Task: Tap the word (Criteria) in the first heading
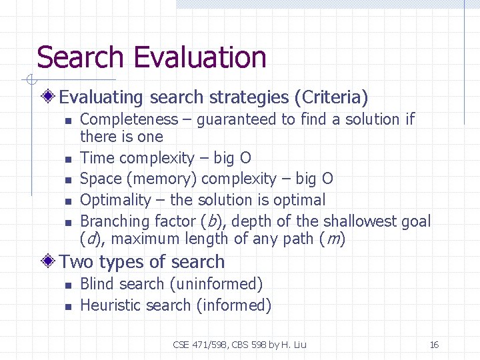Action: pos(331,98)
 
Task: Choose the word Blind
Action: pos(96,284)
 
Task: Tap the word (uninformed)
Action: pos(216,284)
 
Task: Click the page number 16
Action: pos(434,345)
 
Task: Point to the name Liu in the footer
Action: pos(299,345)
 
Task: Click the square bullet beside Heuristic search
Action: pos(67,307)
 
